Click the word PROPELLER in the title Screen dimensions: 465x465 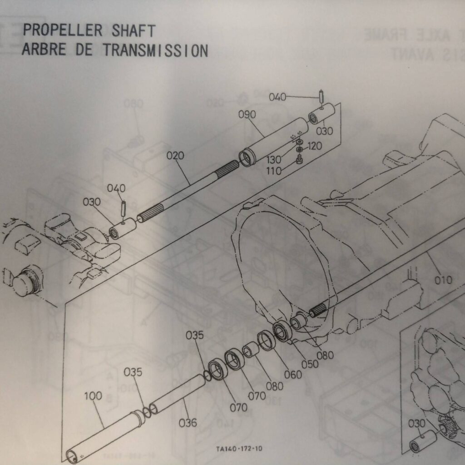click(63, 30)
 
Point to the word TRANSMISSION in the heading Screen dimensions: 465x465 click(156, 49)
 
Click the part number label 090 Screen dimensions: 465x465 click(247, 114)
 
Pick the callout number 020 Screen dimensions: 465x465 click(175, 156)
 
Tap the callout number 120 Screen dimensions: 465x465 click(315, 146)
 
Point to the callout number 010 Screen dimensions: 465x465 click(443, 280)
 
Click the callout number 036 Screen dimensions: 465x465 click(188, 423)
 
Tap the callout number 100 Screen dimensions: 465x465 click(93, 396)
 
